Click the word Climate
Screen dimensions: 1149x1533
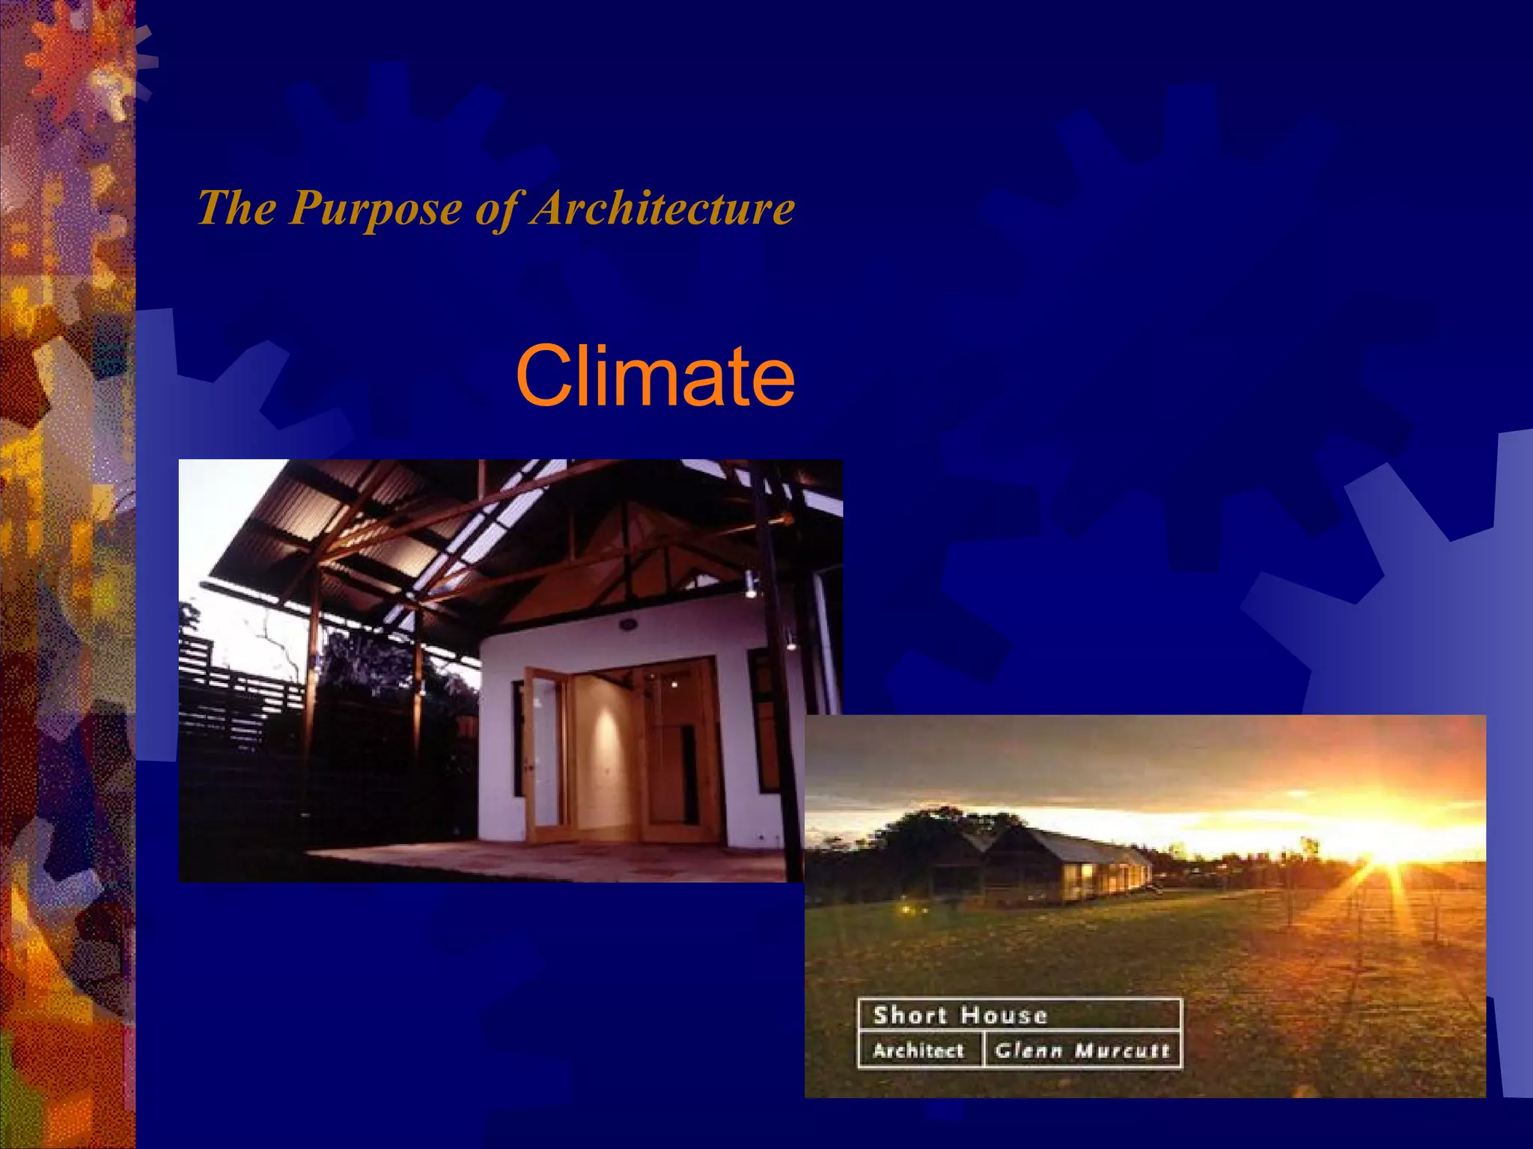point(655,376)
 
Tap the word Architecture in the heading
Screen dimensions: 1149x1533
point(662,207)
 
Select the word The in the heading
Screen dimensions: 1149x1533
point(236,207)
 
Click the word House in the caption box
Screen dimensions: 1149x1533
point(1003,1015)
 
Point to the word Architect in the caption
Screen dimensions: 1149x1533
point(918,1051)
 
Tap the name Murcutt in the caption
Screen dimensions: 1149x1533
point(1121,1051)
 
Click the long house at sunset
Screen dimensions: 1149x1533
point(1063,860)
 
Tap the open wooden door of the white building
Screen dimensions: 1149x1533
point(545,756)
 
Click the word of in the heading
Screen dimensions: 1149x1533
point(500,207)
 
